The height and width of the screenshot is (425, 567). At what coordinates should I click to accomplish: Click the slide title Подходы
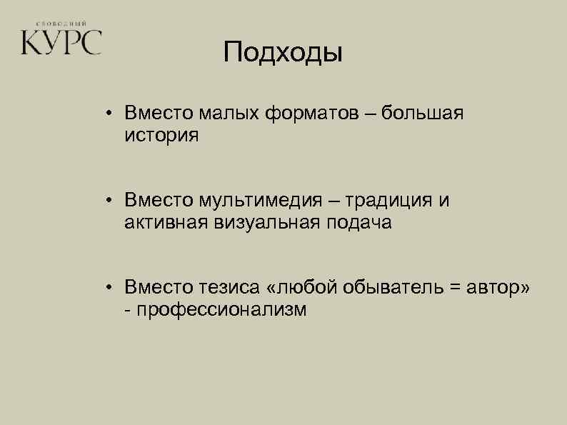coord(283,53)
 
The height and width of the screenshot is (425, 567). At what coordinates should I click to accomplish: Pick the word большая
coord(423,113)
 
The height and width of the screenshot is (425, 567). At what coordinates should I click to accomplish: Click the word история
coord(161,135)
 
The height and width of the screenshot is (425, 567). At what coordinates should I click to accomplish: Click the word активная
coord(164,223)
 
